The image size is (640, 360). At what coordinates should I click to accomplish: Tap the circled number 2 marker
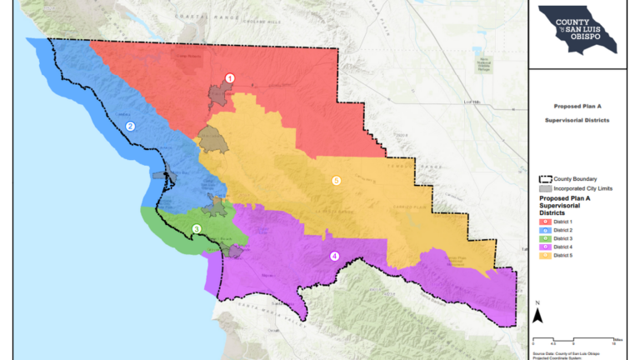[x=130, y=127]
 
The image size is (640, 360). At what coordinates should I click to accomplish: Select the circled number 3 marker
[x=197, y=228]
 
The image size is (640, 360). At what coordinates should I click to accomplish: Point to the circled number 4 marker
[x=335, y=256]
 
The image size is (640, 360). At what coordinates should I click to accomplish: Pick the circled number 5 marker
[x=337, y=180]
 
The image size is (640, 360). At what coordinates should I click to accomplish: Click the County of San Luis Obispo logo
[x=577, y=30]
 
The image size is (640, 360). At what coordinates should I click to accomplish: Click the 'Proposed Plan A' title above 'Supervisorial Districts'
[x=572, y=107]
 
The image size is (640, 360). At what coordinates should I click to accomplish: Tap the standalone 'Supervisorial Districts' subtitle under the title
[x=572, y=121]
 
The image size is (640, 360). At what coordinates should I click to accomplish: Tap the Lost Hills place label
[x=472, y=102]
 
